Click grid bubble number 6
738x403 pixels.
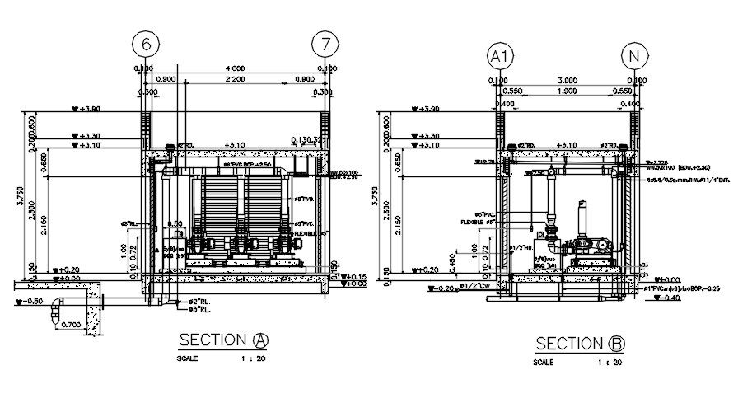point(147,43)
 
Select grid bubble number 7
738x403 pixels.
point(325,43)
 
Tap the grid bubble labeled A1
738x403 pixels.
point(497,56)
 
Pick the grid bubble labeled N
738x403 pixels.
point(633,56)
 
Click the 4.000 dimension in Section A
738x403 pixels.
point(235,68)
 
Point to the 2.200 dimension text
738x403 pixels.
point(235,79)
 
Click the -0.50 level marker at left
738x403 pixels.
point(31,301)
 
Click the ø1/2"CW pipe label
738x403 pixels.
point(478,286)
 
